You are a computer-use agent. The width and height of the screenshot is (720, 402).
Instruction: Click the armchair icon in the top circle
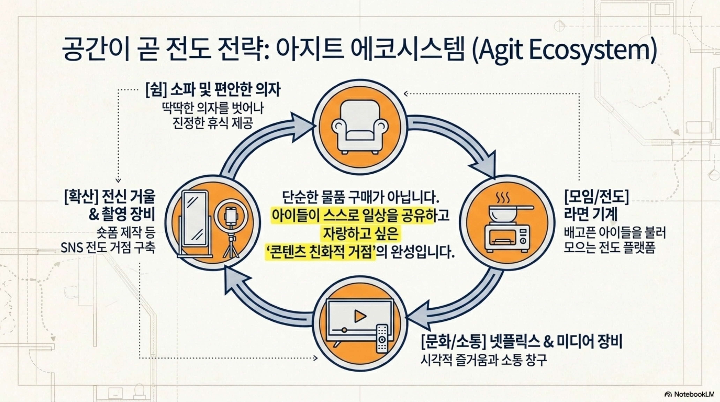[x=360, y=127]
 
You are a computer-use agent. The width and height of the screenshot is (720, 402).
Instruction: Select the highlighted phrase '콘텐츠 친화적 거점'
[x=320, y=253]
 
